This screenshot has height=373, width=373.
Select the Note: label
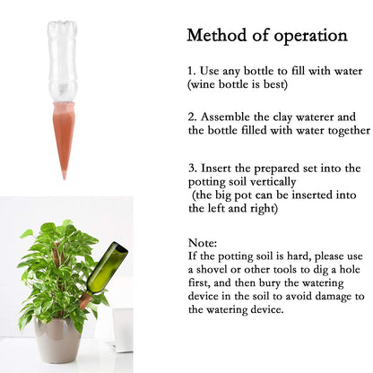pyautogui.click(x=203, y=242)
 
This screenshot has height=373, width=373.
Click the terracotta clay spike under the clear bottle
pyautogui.click(x=64, y=134)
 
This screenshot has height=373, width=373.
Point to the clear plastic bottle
pyautogui.click(x=64, y=58)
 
